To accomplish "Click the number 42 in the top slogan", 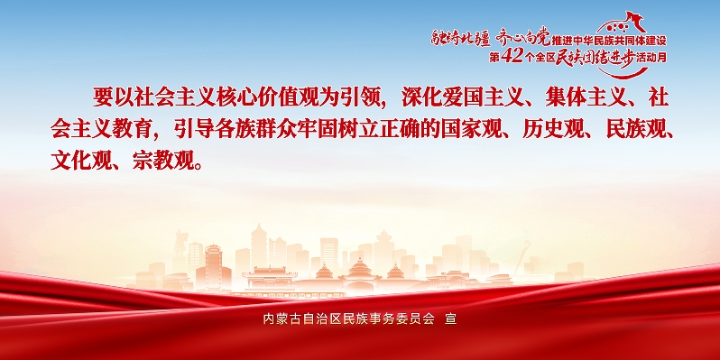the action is click(x=511, y=58).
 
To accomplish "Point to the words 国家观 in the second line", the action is click(x=471, y=130).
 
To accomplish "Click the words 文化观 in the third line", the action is click(x=81, y=162).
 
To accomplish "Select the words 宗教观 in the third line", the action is click(x=163, y=162).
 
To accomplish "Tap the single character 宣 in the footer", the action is click(x=451, y=318).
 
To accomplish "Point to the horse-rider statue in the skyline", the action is click(x=180, y=243).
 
